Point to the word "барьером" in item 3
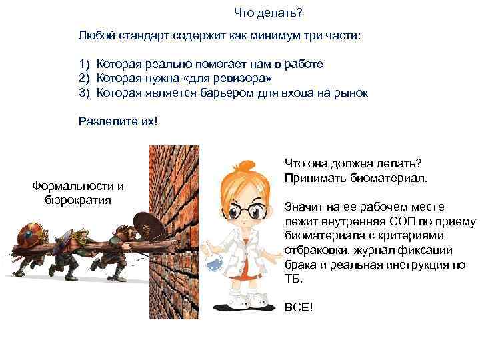221,92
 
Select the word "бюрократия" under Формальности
78,199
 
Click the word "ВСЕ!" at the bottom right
299,307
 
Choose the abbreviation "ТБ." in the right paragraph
293,279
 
